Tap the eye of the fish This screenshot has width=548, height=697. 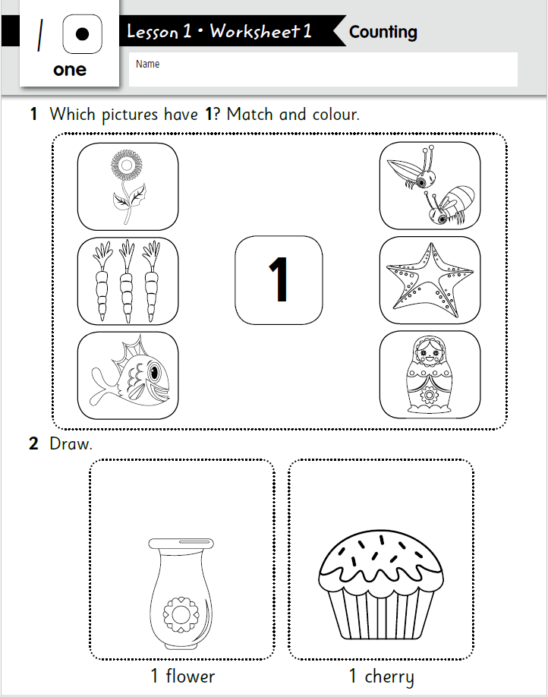coord(154,372)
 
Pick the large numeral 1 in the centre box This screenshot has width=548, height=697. coord(279,279)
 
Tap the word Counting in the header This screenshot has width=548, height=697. coord(383,33)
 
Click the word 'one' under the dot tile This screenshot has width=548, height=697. coord(70,71)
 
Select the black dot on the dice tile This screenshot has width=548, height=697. coord(82,35)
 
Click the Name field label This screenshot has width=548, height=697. coord(147,65)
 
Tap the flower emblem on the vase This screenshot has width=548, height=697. coord(179,612)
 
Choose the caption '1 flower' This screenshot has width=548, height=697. coord(182,676)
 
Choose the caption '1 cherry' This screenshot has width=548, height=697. coord(381,676)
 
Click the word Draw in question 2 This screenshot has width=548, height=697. coord(70,444)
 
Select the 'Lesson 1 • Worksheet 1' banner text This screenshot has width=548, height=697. coord(219,32)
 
